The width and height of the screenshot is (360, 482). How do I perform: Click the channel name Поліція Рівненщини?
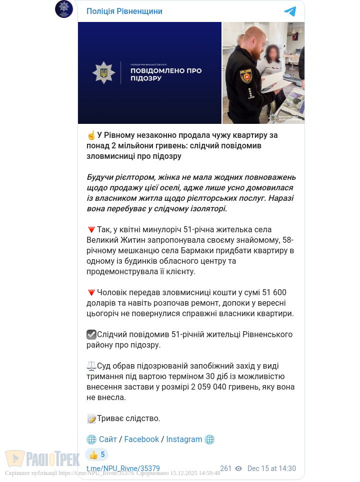[x=124, y=11]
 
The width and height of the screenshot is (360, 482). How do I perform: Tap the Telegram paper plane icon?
[x=290, y=11]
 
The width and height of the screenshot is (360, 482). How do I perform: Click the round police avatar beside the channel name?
[x=64, y=9]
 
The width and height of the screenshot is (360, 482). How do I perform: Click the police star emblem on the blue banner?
[x=104, y=73]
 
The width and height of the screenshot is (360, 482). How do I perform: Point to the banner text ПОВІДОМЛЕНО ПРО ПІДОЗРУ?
[x=166, y=74]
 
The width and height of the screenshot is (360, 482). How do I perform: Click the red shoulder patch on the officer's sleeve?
[x=245, y=76]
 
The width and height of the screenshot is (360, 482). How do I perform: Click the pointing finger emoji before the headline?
[x=91, y=135]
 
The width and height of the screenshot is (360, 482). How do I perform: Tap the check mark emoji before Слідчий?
[x=91, y=335]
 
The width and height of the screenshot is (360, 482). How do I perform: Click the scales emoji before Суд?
[x=91, y=366]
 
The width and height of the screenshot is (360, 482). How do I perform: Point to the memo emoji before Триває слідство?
[x=91, y=419]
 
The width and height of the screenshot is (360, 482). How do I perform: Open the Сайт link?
[x=107, y=440]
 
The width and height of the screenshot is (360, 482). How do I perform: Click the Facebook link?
[x=141, y=440]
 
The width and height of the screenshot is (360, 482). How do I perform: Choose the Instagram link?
[x=184, y=440]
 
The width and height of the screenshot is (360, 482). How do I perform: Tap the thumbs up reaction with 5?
[x=97, y=455]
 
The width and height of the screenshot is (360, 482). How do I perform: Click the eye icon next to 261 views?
[x=238, y=469]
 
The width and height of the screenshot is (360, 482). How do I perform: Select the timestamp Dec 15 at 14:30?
[x=271, y=469]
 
